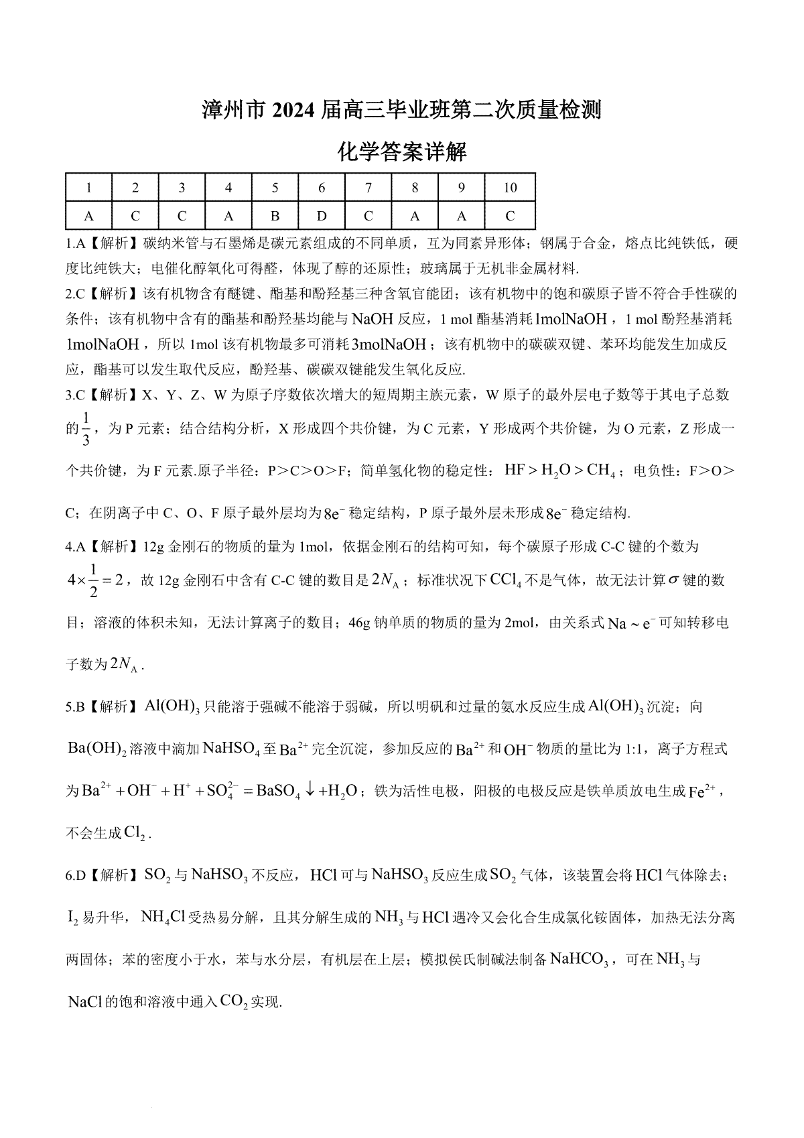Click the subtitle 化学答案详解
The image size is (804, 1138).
tap(403, 152)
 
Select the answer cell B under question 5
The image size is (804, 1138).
tap(275, 216)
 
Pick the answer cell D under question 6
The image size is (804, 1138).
tap(322, 216)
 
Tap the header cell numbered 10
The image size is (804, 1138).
tap(510, 188)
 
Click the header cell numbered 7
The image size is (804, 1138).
tap(368, 188)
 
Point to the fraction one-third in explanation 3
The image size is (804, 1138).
tap(85, 429)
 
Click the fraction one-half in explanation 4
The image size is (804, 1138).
tap(94, 580)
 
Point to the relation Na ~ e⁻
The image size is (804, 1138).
tap(630, 623)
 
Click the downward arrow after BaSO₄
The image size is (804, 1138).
tap(310, 790)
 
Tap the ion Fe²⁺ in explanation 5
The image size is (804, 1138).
tap(702, 791)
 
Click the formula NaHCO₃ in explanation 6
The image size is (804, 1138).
tap(580, 959)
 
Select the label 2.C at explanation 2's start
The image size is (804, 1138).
tap(74, 293)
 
